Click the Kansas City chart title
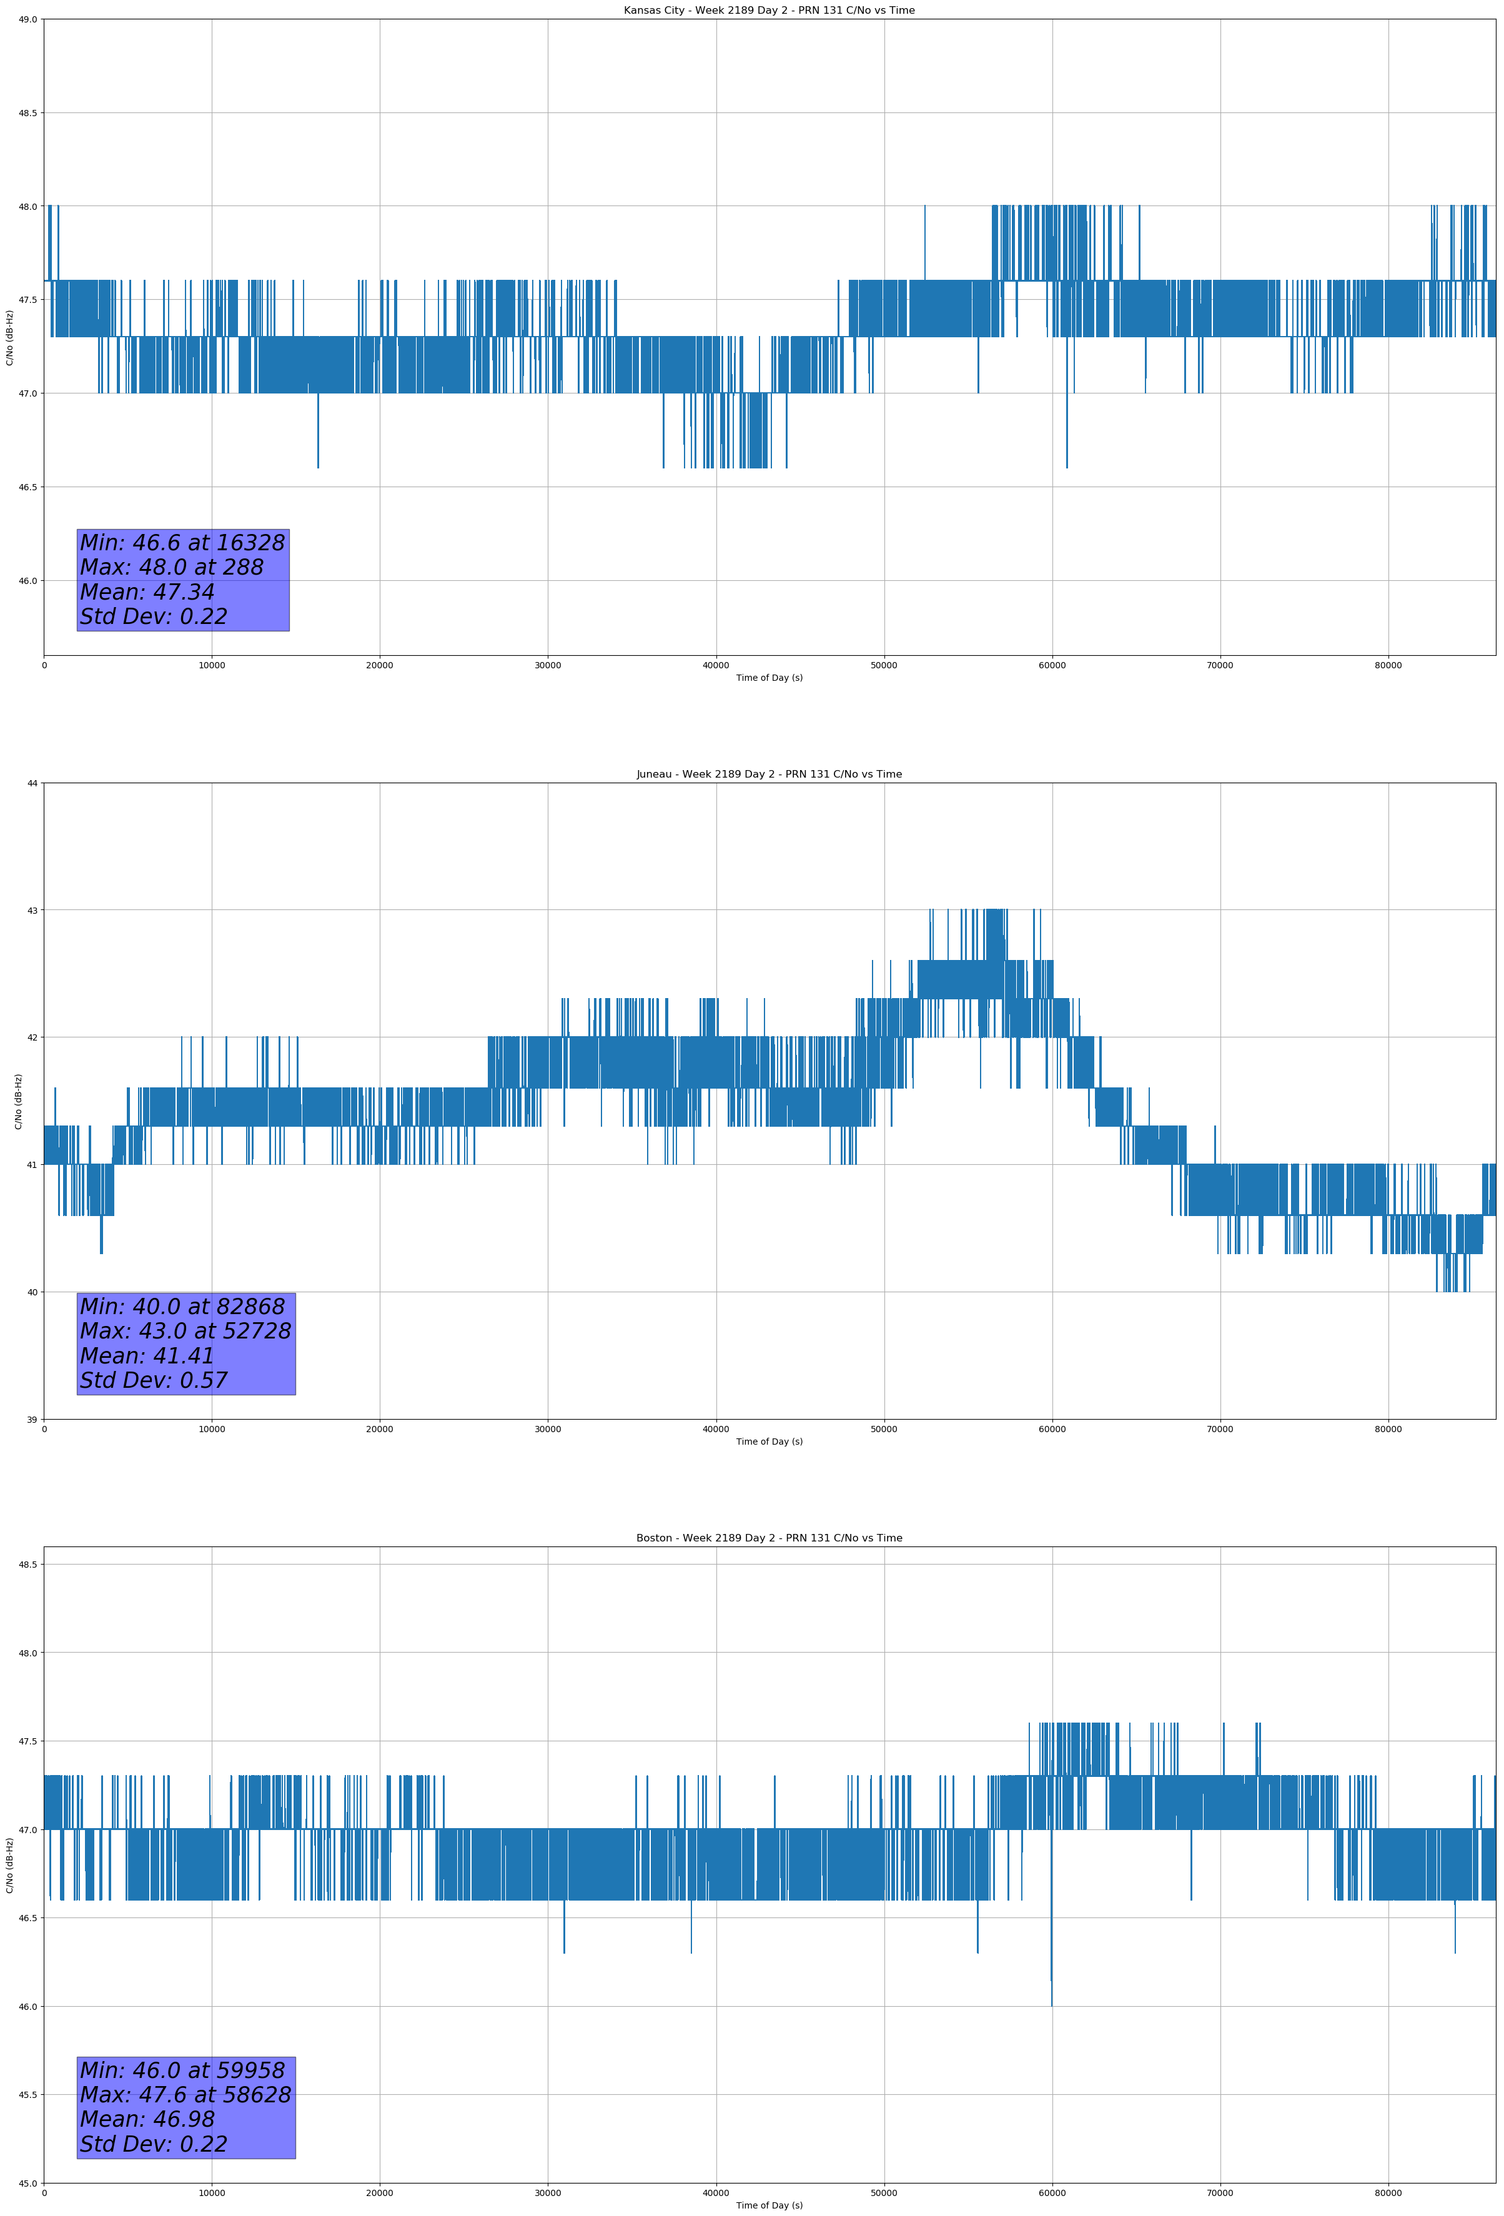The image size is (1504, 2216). coord(769,11)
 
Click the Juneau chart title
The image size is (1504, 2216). coord(769,774)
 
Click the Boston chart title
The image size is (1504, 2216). coord(769,1538)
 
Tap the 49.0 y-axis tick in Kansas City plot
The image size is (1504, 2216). coord(27,19)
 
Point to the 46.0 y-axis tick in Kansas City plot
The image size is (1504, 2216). coord(27,581)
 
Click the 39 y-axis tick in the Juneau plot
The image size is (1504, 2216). coord(32,1420)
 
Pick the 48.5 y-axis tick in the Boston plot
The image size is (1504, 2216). coord(27,1564)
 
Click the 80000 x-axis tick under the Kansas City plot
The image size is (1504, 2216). coord(1388,666)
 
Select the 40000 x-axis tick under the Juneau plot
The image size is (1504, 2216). coord(715,1429)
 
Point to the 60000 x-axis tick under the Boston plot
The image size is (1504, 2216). coord(1052,2193)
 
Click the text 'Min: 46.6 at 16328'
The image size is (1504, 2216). coord(182,543)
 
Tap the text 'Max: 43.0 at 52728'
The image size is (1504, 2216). coord(185,1331)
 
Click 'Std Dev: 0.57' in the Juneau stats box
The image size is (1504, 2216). coord(154,1381)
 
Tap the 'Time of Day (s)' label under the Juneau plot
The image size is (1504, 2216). coord(769,1442)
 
